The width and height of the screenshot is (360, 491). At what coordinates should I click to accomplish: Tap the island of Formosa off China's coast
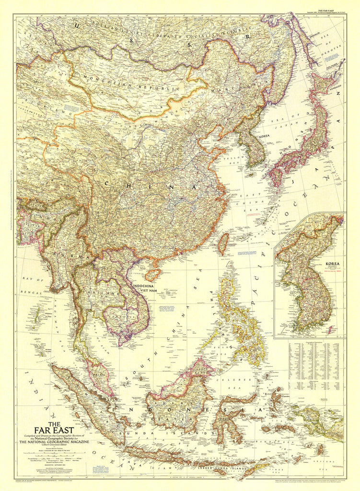[x=223, y=244]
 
